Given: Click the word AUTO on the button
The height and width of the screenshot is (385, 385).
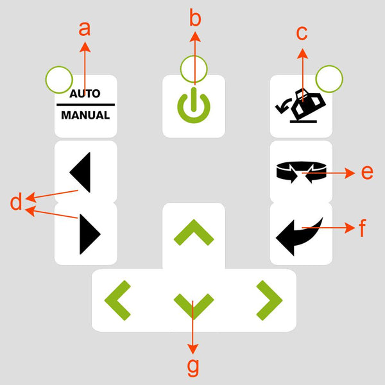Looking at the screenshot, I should (85, 94).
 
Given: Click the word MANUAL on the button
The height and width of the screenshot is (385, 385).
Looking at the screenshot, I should (85, 116).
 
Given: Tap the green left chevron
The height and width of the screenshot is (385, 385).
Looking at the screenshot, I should (117, 300).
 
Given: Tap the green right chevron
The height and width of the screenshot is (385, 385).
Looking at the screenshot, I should (269, 300).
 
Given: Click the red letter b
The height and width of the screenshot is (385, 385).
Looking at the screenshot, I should (195, 17).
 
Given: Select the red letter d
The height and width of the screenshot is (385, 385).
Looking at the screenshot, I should (16, 202).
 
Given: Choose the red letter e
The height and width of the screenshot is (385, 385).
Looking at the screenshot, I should (366, 172).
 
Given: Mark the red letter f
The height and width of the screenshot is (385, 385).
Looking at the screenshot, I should (363, 228).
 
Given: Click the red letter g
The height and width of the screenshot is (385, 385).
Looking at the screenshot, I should (193, 367).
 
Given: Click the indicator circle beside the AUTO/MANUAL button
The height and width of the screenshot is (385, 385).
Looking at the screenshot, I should (59, 80).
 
